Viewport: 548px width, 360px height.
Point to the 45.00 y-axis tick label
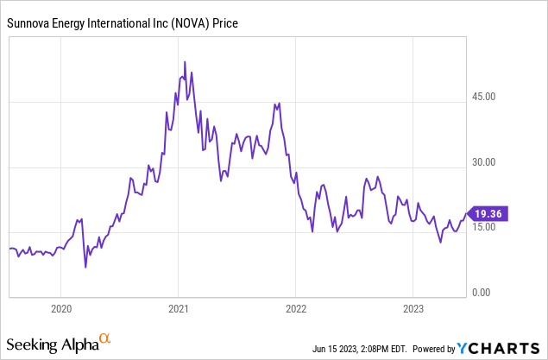tap(488, 97)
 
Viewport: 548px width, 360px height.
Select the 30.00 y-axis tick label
tap(488, 162)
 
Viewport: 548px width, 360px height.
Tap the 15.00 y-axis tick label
tap(488, 228)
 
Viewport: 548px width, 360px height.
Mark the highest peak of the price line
tap(185, 62)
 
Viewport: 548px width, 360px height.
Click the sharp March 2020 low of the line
tap(85, 268)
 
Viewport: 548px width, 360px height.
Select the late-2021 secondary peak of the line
tap(274, 104)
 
